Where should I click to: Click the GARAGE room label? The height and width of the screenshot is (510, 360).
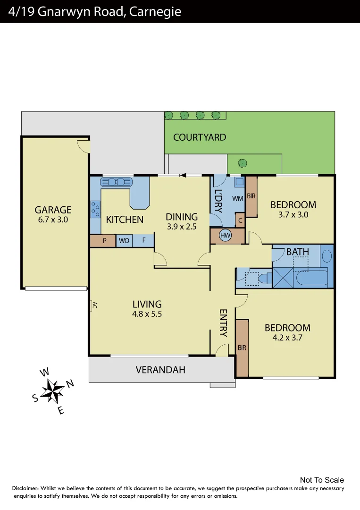(x=53, y=210)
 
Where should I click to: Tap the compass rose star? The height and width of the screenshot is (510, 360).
(x=53, y=391)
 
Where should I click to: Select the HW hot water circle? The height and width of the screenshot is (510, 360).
(x=226, y=235)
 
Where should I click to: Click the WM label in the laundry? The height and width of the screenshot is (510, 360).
(x=237, y=199)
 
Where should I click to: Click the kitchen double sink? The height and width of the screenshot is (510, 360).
(x=116, y=182)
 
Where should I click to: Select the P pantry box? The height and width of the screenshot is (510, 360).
(x=104, y=240)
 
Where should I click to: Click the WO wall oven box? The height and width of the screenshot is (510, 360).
(x=124, y=240)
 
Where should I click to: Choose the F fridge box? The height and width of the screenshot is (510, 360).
(x=143, y=240)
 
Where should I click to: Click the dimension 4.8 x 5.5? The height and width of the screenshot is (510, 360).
(x=147, y=314)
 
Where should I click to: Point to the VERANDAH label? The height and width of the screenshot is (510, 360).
(x=160, y=370)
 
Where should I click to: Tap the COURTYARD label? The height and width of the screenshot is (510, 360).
(x=200, y=137)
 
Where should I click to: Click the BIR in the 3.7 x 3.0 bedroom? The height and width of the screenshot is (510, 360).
(x=251, y=195)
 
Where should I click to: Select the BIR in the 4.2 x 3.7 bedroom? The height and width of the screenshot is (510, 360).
(x=242, y=348)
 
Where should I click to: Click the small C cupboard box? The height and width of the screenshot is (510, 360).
(x=240, y=221)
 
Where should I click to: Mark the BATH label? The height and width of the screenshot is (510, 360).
(x=297, y=252)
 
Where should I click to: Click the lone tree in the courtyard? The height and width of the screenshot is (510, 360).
(x=243, y=163)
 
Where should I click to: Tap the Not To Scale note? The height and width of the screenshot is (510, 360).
(x=322, y=480)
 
